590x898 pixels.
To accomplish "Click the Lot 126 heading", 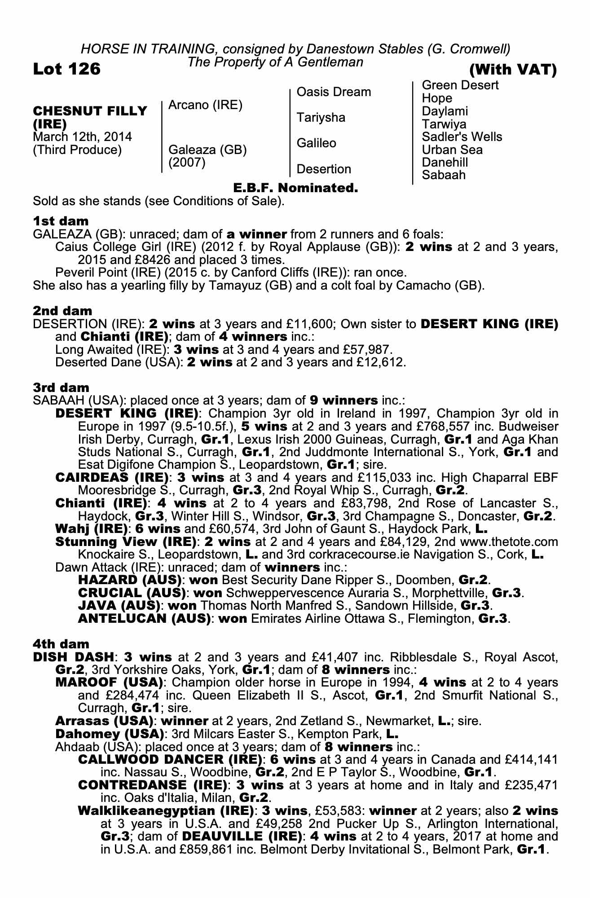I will (x=67, y=69).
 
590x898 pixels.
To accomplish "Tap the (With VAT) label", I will (x=513, y=70).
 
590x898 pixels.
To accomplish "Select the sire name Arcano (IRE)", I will (x=205, y=105).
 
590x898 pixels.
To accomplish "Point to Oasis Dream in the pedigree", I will (x=334, y=92).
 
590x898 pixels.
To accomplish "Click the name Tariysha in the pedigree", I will (x=321, y=118).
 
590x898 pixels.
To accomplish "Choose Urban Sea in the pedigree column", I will (x=452, y=150).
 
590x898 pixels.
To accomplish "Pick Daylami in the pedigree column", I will (x=445, y=111).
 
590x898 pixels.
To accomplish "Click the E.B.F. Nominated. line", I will (x=295, y=188).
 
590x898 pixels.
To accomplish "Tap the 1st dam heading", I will (x=61, y=221).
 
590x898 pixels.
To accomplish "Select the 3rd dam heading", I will (x=61, y=387).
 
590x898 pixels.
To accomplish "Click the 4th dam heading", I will (x=61, y=644).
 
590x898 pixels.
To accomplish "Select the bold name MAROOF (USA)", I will (x=108, y=682).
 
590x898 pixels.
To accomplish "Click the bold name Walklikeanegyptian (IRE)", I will (x=164, y=811).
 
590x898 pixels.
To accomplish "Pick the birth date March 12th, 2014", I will (x=82, y=137).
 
